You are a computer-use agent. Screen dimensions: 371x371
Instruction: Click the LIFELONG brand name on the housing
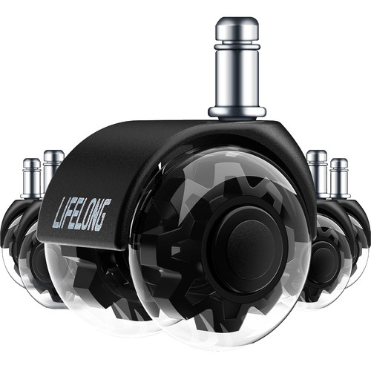coord(82,214)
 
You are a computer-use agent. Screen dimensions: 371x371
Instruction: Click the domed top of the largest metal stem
coord(237,28)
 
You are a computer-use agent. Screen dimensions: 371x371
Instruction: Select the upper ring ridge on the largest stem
coord(237,47)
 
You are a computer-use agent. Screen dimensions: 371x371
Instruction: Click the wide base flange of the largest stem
coord(237,112)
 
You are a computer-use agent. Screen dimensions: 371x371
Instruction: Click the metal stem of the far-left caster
coord(31,178)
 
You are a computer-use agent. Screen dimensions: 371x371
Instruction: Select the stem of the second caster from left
coord(53,168)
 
